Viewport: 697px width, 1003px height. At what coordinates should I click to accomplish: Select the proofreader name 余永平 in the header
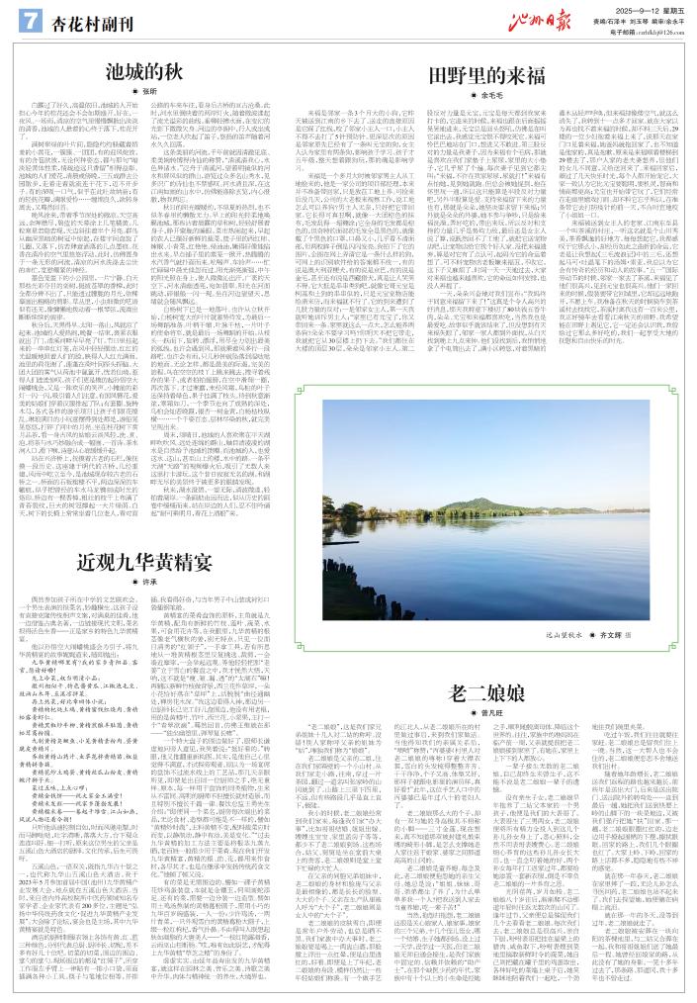coord(672,19)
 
